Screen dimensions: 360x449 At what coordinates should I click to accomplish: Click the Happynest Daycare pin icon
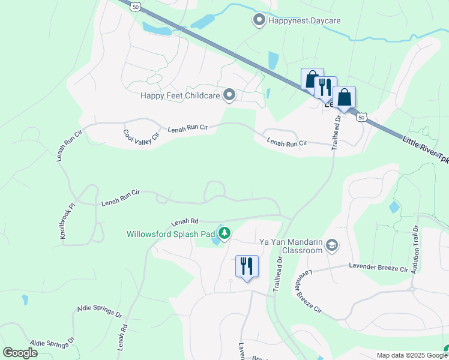(x=259, y=20)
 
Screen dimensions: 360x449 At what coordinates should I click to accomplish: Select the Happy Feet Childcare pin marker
(x=229, y=95)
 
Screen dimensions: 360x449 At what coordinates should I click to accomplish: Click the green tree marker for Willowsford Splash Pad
(x=224, y=233)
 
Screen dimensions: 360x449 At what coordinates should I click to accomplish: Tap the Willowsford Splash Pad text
(x=170, y=234)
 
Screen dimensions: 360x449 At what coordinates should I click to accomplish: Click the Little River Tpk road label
(x=425, y=149)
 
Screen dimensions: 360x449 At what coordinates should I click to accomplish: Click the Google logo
(x=20, y=353)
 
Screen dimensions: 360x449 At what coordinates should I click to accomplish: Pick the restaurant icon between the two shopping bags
(x=325, y=87)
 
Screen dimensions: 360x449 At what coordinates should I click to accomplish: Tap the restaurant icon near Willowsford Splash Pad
(x=247, y=266)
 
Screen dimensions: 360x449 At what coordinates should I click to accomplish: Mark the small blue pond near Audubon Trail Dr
(x=394, y=207)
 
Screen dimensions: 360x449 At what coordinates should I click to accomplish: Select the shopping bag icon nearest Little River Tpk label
(x=344, y=97)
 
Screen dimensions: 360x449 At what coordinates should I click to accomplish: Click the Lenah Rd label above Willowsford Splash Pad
(x=184, y=221)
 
